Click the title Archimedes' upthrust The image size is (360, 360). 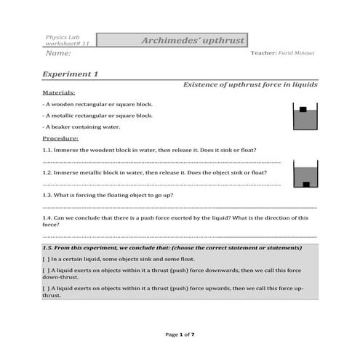point(193,41)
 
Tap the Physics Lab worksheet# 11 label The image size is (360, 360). point(66,41)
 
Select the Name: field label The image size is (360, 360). point(59,54)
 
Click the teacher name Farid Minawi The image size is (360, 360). point(298,54)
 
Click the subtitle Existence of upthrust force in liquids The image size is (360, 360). point(249,85)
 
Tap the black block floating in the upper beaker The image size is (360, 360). point(303,110)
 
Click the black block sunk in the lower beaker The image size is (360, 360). point(306,183)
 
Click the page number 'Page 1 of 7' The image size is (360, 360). point(180,334)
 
